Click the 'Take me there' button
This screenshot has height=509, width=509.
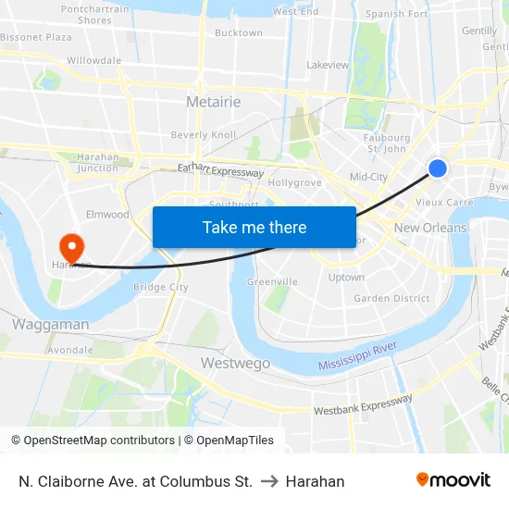point(254,227)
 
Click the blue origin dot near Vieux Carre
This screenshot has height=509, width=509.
point(438,168)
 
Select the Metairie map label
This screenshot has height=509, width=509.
point(213,102)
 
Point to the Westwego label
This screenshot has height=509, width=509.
point(236,363)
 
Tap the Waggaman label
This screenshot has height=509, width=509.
point(51,324)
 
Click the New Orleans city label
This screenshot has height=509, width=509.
point(430,228)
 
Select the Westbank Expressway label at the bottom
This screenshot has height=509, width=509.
point(363,404)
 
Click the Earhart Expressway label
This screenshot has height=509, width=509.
point(220,170)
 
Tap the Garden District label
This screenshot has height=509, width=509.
point(391,298)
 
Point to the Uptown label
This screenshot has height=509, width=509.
point(346,277)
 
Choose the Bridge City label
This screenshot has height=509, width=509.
point(161,287)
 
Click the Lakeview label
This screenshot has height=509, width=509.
point(328,65)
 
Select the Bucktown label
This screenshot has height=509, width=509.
point(239,32)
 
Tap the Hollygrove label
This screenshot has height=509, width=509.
point(294,182)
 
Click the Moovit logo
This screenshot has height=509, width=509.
point(453,480)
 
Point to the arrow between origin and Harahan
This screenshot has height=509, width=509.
point(269,481)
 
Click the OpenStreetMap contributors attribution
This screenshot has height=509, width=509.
point(93,441)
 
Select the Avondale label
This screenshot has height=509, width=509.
point(70,350)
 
